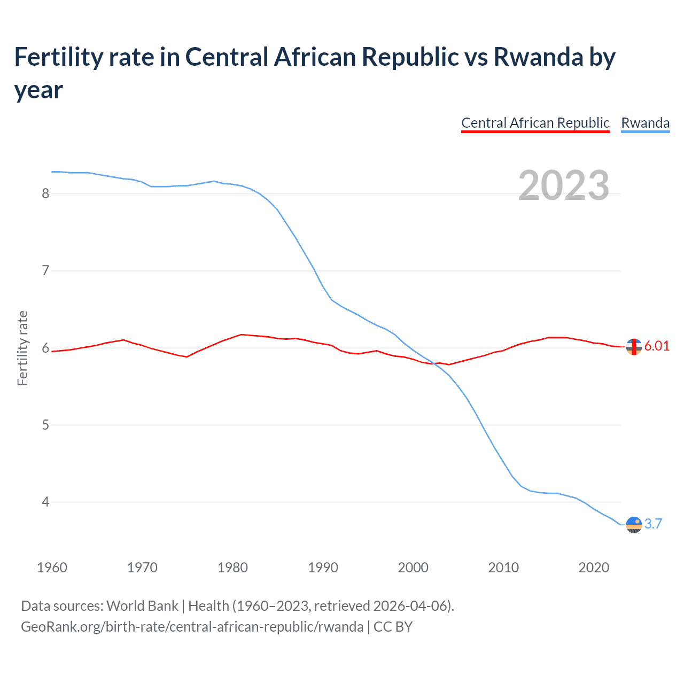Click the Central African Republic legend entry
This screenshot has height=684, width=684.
click(x=535, y=123)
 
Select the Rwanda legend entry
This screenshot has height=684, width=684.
click(x=645, y=123)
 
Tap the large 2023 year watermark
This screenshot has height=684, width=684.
click(x=563, y=185)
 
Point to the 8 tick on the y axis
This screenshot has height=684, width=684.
click(x=45, y=193)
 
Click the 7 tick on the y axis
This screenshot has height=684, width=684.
click(x=45, y=271)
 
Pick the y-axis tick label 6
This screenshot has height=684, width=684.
click(x=45, y=348)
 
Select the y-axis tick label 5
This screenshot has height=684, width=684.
click(x=45, y=425)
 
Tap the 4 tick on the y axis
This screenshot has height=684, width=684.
click(x=45, y=502)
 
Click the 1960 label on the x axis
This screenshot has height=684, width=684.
click(x=52, y=568)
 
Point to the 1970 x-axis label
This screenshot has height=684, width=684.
click(x=142, y=568)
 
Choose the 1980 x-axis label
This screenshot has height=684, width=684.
click(x=232, y=568)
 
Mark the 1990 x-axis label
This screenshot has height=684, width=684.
click(x=323, y=568)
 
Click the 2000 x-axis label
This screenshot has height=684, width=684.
click(x=413, y=568)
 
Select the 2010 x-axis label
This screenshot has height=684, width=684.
click(x=503, y=568)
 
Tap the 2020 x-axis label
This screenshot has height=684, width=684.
click(x=594, y=568)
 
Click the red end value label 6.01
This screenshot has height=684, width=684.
click(x=657, y=346)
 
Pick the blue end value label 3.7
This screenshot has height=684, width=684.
click(x=653, y=524)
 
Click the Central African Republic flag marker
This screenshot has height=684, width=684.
click(x=634, y=347)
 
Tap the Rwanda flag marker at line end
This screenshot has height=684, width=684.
click(x=634, y=525)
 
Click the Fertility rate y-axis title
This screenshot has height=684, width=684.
click(x=22, y=348)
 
